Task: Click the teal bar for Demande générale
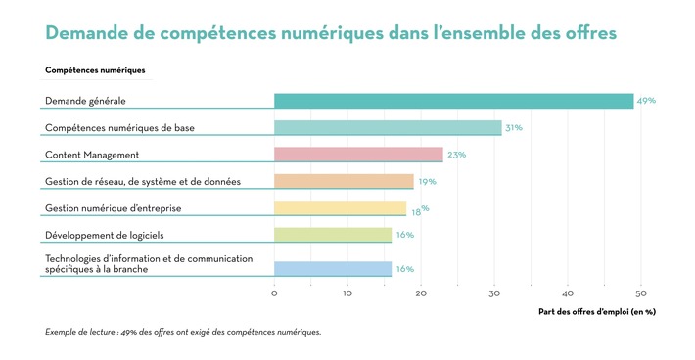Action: coord(453,101)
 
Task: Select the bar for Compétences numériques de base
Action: coord(388,127)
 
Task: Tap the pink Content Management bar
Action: coord(358,155)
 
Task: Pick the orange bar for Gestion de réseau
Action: coord(344,181)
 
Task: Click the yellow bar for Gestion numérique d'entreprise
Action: coord(340,207)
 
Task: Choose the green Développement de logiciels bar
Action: coord(333,235)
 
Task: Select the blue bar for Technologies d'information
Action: coord(333,269)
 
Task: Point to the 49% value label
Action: coord(646,101)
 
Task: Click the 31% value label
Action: coord(513,127)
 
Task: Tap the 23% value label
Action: coord(456,155)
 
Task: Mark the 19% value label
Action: coord(427,181)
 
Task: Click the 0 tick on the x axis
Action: coord(274,292)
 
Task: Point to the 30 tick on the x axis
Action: coord(494,292)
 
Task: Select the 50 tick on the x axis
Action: coord(641,292)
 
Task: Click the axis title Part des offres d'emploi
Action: coord(596,312)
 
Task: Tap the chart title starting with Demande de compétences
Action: coord(331,33)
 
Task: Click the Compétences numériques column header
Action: coord(95,70)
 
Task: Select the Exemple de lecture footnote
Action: coord(182,332)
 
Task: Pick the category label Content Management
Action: coord(92,155)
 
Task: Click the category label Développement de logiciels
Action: coord(105,235)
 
